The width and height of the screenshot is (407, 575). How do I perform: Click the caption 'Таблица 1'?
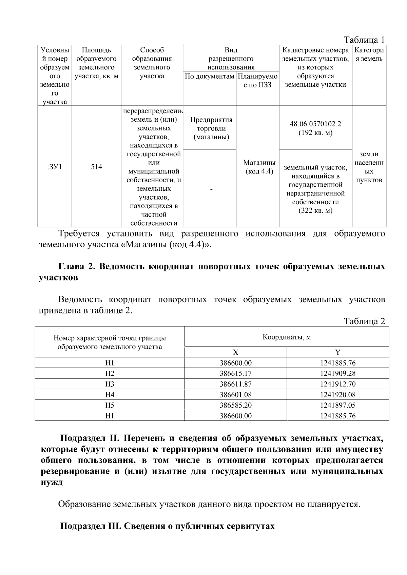pyautogui.click(x=364, y=40)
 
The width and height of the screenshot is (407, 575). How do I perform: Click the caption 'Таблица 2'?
pyautogui.click(x=364, y=321)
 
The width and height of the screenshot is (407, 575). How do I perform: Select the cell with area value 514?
pyautogui.click(x=96, y=167)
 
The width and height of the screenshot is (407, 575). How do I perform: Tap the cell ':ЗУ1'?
pyautogui.click(x=55, y=167)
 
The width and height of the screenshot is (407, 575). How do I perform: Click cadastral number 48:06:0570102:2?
pyautogui.click(x=315, y=124)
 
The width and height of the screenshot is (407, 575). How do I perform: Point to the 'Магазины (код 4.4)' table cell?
pyautogui.click(x=259, y=167)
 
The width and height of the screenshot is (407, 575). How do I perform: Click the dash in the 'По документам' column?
pyautogui.click(x=211, y=190)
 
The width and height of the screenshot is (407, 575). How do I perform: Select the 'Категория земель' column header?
pyautogui.click(x=369, y=55)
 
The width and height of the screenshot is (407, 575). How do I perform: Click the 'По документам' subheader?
pyautogui.click(x=210, y=76)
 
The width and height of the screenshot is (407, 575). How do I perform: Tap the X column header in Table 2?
pyautogui.click(x=236, y=352)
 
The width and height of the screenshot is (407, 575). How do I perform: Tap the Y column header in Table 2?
pyautogui.click(x=338, y=352)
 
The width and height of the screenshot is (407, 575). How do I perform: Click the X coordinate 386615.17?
pyautogui.click(x=236, y=373)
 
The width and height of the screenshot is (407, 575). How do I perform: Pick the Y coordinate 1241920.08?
pyautogui.click(x=338, y=394)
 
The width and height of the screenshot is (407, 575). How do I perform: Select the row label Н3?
pyautogui.click(x=110, y=384)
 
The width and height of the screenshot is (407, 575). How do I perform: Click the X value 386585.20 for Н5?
pyautogui.click(x=236, y=405)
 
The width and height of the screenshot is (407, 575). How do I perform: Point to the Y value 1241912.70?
pyautogui.click(x=338, y=384)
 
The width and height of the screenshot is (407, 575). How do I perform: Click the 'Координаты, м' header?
pyautogui.click(x=287, y=337)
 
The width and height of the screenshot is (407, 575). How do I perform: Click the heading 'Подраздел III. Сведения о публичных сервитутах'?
pyautogui.click(x=167, y=526)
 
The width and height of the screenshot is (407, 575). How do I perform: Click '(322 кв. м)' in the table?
pyautogui.click(x=315, y=211)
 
